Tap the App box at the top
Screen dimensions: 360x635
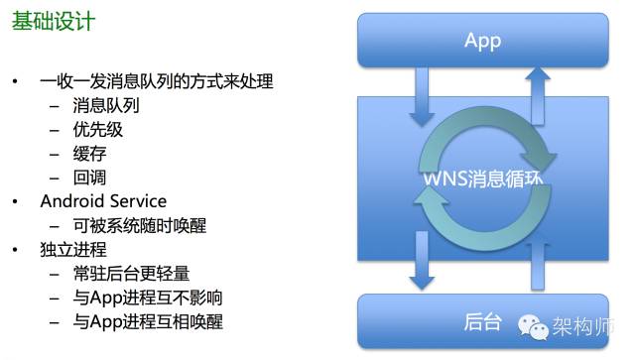coord(482,41)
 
